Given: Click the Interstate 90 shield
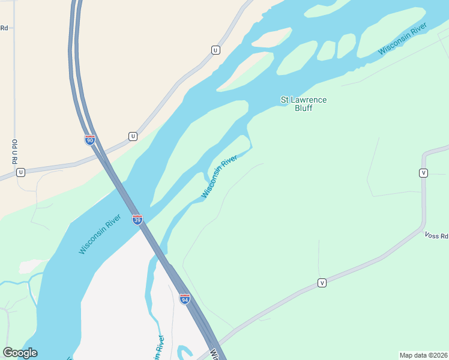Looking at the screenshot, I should tap(89, 140).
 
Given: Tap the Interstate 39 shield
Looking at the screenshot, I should tap(137, 219).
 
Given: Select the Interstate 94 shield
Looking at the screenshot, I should tap(185, 298).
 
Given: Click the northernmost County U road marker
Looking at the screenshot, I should tap(215, 50).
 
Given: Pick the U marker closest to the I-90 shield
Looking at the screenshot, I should tap(133, 136).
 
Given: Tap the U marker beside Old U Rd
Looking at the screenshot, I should tap(20, 172).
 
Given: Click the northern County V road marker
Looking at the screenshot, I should tap(423, 173).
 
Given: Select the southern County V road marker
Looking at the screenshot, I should tap(322, 283).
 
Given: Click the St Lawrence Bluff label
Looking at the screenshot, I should tap(304, 104).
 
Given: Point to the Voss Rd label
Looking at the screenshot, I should tap(436, 236).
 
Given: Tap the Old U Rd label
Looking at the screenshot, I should tap(14, 151).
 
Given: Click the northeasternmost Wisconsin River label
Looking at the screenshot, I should tap(402, 39).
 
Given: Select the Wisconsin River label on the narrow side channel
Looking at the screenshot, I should tap(219, 176).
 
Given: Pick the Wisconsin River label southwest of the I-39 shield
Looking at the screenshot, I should tap(100, 238).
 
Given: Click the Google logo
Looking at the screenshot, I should tap(20, 353).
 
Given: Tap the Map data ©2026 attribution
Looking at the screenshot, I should tap(423, 355).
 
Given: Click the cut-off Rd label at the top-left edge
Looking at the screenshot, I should tap(4, 28).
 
